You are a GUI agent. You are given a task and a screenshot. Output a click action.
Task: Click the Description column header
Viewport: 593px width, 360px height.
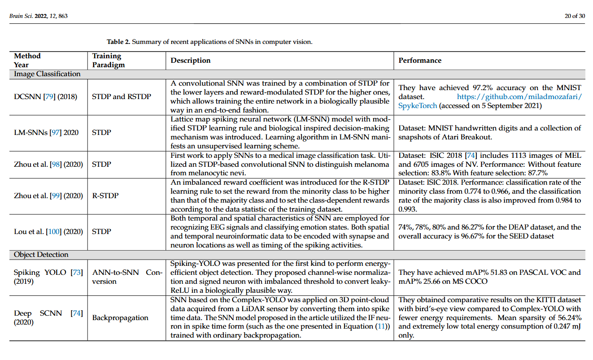click(191, 61)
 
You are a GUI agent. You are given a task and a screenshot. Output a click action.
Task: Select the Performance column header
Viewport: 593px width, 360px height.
click(420, 61)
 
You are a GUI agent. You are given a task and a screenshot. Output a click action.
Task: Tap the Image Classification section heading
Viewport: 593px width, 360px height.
click(47, 74)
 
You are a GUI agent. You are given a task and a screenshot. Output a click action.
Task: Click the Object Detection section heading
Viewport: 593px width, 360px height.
click(41, 255)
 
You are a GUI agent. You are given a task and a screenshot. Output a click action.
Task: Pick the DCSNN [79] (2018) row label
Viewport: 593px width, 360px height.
click(45, 96)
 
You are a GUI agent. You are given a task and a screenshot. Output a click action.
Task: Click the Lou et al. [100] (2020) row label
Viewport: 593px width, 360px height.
click(48, 232)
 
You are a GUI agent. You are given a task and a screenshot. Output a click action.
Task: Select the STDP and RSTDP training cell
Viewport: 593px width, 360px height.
click(122, 96)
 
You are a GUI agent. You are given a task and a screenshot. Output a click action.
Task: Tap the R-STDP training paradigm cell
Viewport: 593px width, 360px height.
click(104, 196)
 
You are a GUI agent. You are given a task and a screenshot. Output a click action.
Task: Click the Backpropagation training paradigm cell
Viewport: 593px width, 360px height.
click(120, 318)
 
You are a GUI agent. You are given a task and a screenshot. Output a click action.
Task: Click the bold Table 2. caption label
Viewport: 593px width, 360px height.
click(118, 42)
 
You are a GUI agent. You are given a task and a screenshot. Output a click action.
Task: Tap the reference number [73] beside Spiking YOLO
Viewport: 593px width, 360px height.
click(77, 273)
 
